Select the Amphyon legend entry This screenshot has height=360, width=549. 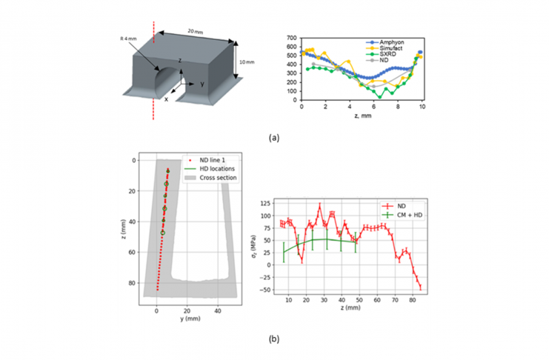pyautogui.click(x=401, y=39)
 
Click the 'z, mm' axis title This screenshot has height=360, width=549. pyautogui.click(x=362, y=116)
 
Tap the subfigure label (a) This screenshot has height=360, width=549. pyautogui.click(x=274, y=138)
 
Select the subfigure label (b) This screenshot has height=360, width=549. pyautogui.click(x=274, y=340)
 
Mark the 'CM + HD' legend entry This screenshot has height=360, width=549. pyautogui.click(x=405, y=216)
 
